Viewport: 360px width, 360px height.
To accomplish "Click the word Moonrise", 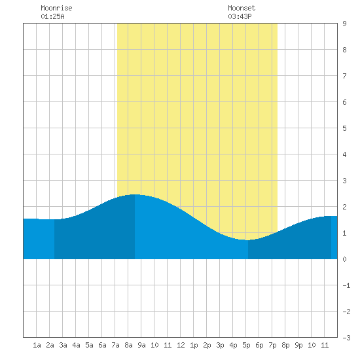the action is (x=56, y=8).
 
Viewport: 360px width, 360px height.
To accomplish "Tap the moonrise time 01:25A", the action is (x=52, y=16).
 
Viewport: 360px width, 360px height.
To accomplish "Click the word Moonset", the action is (x=242, y=8).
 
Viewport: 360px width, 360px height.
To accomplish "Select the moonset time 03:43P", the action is (x=240, y=16).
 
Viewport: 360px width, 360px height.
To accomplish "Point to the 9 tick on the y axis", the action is (x=344, y=24).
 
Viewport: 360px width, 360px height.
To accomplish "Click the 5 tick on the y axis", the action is (x=344, y=128).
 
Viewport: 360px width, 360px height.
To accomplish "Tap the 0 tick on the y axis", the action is (x=344, y=259).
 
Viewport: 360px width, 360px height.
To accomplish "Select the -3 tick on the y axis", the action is (x=346, y=338).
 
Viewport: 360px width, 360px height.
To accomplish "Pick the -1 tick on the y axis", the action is (x=346, y=285).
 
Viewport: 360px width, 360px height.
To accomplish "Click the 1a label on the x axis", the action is (x=37, y=345).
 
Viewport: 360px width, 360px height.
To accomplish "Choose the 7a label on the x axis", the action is (x=115, y=345).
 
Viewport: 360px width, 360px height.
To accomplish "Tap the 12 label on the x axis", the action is (x=181, y=345).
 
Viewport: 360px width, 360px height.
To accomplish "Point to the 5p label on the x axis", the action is (x=246, y=345).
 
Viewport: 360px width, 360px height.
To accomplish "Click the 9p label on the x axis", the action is (x=298, y=345).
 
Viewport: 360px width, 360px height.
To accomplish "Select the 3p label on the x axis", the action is (x=220, y=345).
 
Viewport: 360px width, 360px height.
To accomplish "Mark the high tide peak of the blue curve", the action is (x=135, y=194).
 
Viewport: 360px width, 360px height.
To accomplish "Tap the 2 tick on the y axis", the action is (x=344, y=207).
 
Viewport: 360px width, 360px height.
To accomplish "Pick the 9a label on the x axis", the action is (x=141, y=345).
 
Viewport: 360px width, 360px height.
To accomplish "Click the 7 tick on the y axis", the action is (x=344, y=76).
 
